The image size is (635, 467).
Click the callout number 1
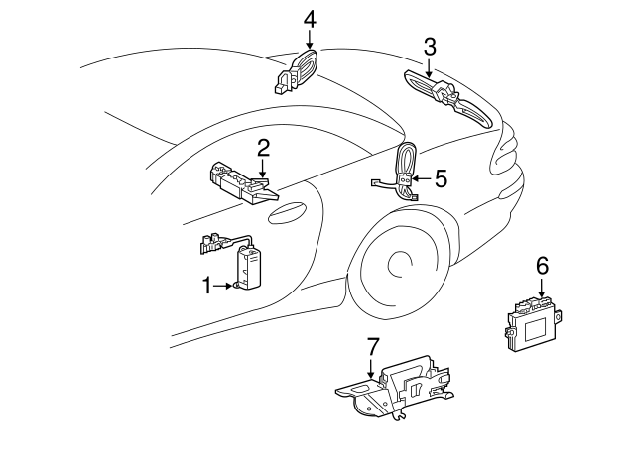coord(207,287)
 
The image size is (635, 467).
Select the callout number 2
coord(263,149)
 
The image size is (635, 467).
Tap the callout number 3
coord(430,46)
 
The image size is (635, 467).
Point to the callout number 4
coord(310,18)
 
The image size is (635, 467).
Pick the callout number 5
coord(441,178)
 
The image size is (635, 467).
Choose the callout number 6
coord(542,265)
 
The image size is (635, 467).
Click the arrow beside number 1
coord(224,287)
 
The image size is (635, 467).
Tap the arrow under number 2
coord(263,171)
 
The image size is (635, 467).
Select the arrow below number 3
coord(430,66)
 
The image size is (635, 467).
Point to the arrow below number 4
coord(310,40)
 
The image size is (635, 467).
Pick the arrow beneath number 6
coord(542,288)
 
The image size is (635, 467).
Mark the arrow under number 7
coord(373,369)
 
